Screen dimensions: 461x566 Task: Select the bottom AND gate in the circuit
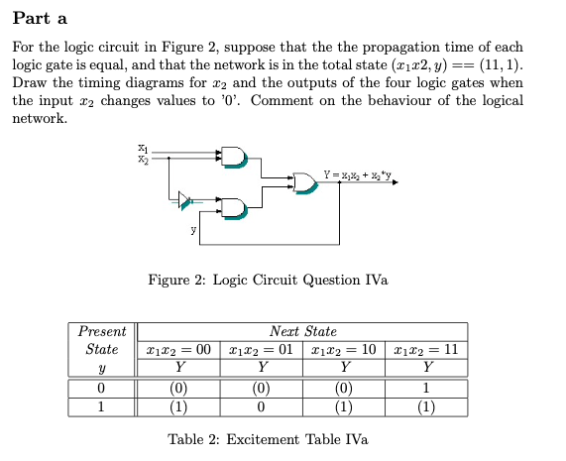pyautogui.click(x=234, y=207)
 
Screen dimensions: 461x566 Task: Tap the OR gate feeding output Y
pyautogui.click(x=304, y=182)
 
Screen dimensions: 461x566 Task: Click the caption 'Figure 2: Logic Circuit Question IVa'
pyautogui.click(x=268, y=281)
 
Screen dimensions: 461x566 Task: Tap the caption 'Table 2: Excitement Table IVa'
pyautogui.click(x=268, y=439)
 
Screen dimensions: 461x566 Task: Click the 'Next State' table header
pyautogui.click(x=302, y=331)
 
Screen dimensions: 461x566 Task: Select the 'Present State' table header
pyautogui.click(x=101, y=340)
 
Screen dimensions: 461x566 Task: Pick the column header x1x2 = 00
pyautogui.click(x=178, y=349)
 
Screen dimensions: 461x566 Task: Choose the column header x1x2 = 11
pyautogui.click(x=427, y=349)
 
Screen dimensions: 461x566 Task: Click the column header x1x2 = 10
pyautogui.click(x=344, y=349)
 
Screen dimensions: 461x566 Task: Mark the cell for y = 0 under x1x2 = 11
pyautogui.click(x=427, y=389)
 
